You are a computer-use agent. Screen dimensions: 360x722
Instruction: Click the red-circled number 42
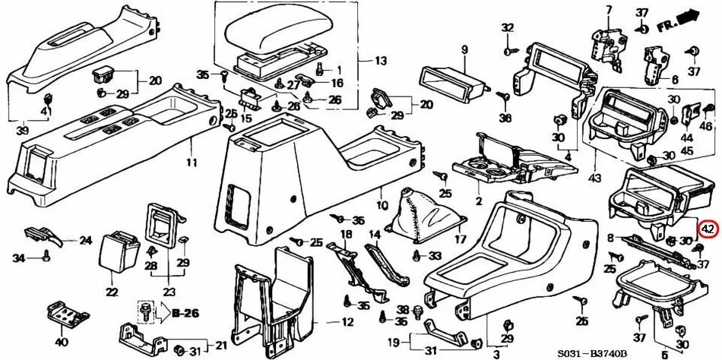[708, 228]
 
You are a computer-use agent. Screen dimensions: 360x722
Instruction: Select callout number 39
[23, 131]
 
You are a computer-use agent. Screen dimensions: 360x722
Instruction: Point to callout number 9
[463, 50]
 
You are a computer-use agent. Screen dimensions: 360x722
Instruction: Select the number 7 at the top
[607, 9]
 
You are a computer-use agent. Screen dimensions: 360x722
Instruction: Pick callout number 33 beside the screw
[435, 254]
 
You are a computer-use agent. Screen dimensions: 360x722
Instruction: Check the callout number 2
[478, 201]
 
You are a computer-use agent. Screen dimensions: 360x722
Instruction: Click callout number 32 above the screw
[508, 28]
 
